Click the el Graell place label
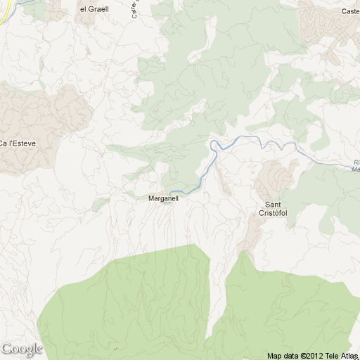tap(94, 9)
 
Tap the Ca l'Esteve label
tap(18, 143)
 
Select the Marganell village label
tap(164, 198)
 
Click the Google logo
tap(21, 349)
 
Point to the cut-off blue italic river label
tap(355, 165)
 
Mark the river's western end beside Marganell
tap(172, 191)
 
